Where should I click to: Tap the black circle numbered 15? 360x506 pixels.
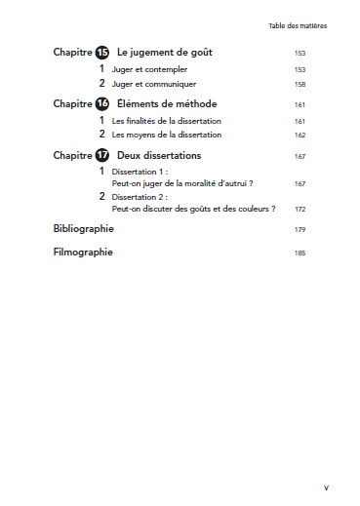(x=101, y=53)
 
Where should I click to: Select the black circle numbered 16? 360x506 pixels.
(x=101, y=103)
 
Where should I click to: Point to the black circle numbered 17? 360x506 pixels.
(x=101, y=155)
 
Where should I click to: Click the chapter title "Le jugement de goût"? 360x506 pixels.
(x=164, y=53)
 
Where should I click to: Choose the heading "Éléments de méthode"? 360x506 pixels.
(x=167, y=103)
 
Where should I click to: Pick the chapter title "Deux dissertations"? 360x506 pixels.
(x=159, y=155)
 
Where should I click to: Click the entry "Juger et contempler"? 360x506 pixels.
(x=150, y=70)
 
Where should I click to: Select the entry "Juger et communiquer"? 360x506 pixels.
(x=154, y=84)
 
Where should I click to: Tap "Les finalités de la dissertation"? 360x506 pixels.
(x=167, y=121)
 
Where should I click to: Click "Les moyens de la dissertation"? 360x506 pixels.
(x=167, y=135)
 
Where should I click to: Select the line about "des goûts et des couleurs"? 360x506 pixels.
(x=194, y=209)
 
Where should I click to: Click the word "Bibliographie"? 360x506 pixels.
(x=83, y=229)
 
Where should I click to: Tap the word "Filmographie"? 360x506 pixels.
(x=82, y=253)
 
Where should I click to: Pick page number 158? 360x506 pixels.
(x=300, y=85)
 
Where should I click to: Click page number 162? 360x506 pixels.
(x=300, y=136)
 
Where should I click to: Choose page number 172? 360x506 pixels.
(x=300, y=210)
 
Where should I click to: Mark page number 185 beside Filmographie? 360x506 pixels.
(x=300, y=253)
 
